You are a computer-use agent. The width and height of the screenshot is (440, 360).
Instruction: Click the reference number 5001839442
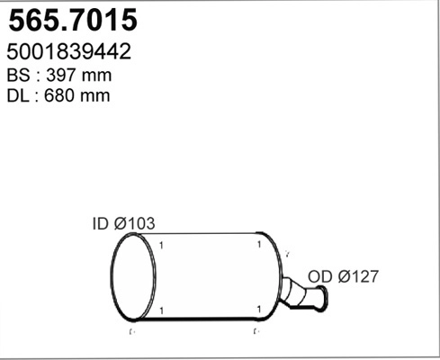[68, 52]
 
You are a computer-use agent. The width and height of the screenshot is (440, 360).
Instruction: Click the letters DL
[18, 94]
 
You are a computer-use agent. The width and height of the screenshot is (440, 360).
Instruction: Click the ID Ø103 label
[124, 222]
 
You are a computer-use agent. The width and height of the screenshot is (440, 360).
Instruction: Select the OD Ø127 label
[343, 276]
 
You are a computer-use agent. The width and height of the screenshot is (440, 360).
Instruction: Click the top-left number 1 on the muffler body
[160, 245]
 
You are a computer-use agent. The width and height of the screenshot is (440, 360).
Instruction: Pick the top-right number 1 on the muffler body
[258, 245]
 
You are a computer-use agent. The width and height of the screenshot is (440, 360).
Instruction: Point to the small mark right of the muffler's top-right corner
[286, 255]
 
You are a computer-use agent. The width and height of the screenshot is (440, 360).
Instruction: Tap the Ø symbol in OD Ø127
[341, 276]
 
